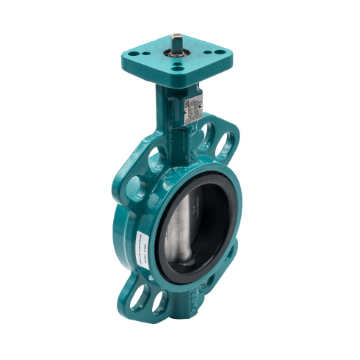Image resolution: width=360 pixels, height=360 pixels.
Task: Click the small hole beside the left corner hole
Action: pyautogui.click(x=140, y=56)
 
